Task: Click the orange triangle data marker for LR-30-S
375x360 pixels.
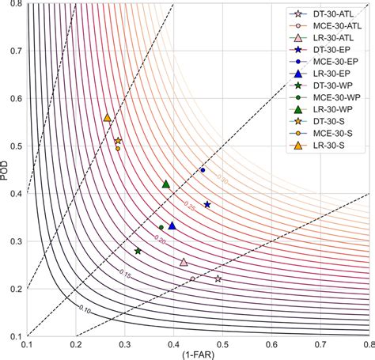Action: point(107,117)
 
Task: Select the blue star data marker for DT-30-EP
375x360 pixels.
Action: point(207,204)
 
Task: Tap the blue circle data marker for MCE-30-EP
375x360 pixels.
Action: point(203,170)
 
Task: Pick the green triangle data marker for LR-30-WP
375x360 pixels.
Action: point(166,184)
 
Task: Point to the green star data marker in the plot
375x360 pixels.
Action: point(138,251)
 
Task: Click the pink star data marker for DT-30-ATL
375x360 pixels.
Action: point(218,279)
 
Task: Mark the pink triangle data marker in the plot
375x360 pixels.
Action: point(184,262)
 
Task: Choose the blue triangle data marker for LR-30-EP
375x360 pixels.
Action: point(172,225)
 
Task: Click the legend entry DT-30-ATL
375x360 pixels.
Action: point(332,14)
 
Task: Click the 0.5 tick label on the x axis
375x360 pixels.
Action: point(222,344)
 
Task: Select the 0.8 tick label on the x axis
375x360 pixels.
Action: point(369,344)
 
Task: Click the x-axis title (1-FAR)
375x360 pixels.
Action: point(198,354)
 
